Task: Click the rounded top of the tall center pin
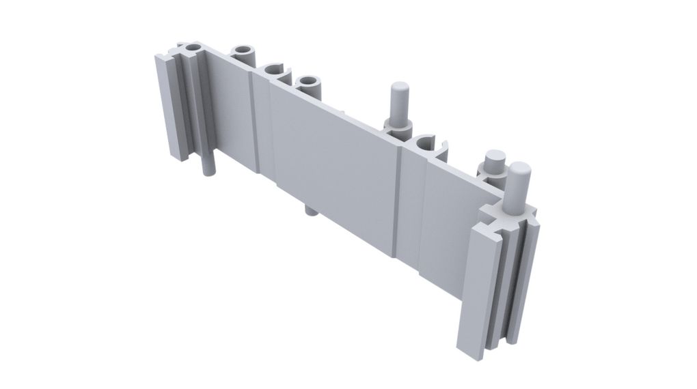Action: (x=398, y=89)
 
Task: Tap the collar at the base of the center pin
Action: (x=398, y=126)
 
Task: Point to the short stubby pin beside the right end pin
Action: (x=493, y=162)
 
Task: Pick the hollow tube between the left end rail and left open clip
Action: (x=243, y=53)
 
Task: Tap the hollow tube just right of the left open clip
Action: (x=310, y=84)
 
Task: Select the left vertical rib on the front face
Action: (x=262, y=126)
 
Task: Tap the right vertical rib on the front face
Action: (x=407, y=205)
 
